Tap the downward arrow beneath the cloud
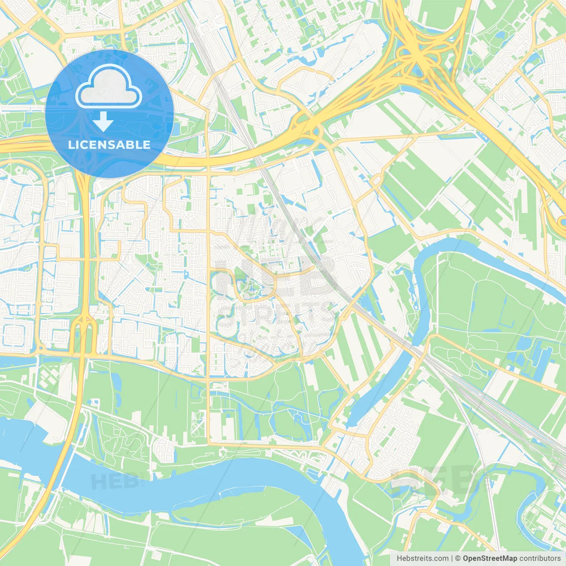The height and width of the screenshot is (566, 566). pyautogui.click(x=103, y=121)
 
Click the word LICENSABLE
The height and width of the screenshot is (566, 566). pyautogui.click(x=109, y=145)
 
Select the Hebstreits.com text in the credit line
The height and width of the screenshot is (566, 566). pyautogui.click(x=422, y=558)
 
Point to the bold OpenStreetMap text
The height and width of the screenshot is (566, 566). pyautogui.click(x=490, y=558)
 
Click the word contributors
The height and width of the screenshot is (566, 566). pyautogui.click(x=540, y=558)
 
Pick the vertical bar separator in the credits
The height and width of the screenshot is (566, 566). pyautogui.click(x=452, y=558)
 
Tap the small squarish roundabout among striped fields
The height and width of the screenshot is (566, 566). pyautogui.click(x=377, y=180)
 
